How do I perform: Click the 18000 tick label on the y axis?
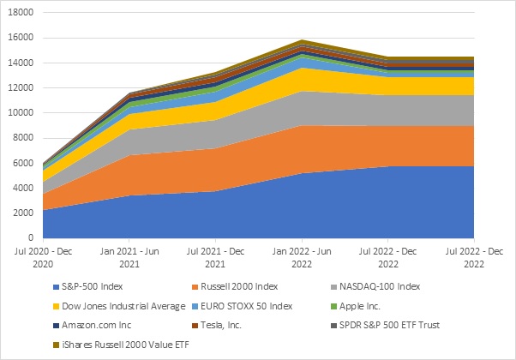tap(21, 14)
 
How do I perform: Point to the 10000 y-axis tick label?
tap(21, 113)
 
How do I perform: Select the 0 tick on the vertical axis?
tap(30, 237)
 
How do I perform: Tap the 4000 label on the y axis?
tap(23, 188)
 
